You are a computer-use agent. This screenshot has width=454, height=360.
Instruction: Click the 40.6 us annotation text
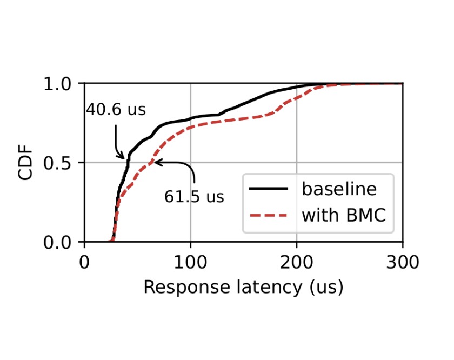[116, 110]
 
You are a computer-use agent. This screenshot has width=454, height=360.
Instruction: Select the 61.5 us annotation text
[194, 197]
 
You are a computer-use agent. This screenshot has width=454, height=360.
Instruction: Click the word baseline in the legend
[339, 189]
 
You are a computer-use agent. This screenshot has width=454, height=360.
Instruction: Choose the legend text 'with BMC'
[345, 215]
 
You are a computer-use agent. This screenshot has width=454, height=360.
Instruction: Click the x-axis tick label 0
[84, 263]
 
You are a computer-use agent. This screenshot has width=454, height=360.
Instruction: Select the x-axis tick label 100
[190, 263]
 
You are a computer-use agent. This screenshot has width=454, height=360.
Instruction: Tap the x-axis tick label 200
[296, 263]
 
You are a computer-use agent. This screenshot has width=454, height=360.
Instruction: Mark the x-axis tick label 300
[402, 263]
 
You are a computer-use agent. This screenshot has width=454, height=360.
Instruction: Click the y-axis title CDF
[26, 163]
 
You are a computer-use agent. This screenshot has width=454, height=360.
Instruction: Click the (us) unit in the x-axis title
[326, 288]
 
